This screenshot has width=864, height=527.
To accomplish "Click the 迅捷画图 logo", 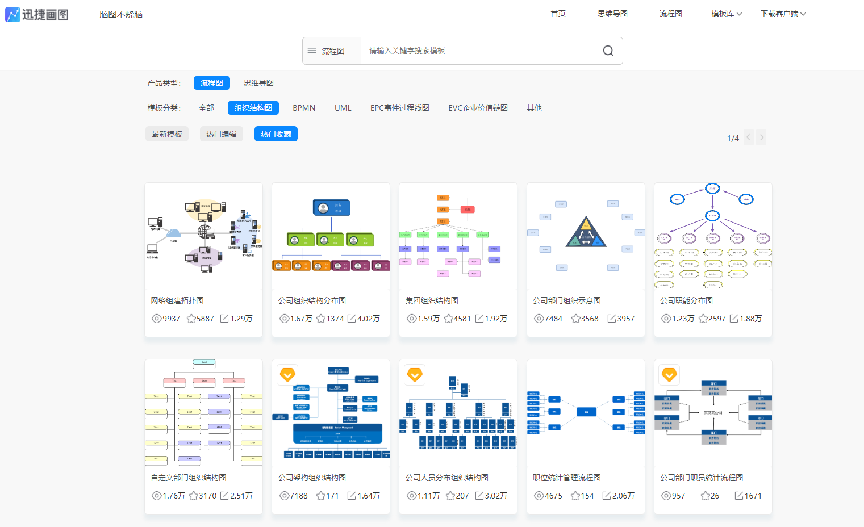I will tap(37, 14).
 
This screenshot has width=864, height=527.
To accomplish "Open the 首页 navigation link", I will tap(558, 14).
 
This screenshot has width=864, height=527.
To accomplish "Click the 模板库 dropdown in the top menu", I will tap(726, 14).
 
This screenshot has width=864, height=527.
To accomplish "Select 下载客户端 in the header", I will tap(783, 14).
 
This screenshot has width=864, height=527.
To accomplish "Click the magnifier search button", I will tap(608, 51).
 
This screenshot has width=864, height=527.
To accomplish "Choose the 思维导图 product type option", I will tap(258, 83).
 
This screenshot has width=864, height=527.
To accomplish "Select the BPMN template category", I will tap(304, 108).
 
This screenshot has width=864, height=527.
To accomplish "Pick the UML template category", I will tap(343, 108).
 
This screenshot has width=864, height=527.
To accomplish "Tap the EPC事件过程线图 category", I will tap(399, 108).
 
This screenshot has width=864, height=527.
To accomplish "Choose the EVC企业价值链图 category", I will tap(478, 108).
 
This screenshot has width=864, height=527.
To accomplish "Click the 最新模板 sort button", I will tap(167, 134).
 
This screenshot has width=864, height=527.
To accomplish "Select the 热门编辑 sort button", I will tap(221, 134).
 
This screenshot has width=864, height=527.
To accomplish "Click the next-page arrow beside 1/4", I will tap(762, 137).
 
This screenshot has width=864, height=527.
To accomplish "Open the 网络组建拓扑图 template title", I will tap(177, 300).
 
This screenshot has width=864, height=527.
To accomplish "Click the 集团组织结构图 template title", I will tap(432, 300).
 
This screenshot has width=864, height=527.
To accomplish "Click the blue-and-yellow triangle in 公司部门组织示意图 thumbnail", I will tap(586, 233).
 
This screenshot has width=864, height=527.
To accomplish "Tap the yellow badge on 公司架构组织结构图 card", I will tap(287, 375).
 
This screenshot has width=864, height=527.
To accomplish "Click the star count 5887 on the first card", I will tap(201, 319).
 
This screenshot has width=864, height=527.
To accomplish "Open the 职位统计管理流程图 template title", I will tap(566, 478).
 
